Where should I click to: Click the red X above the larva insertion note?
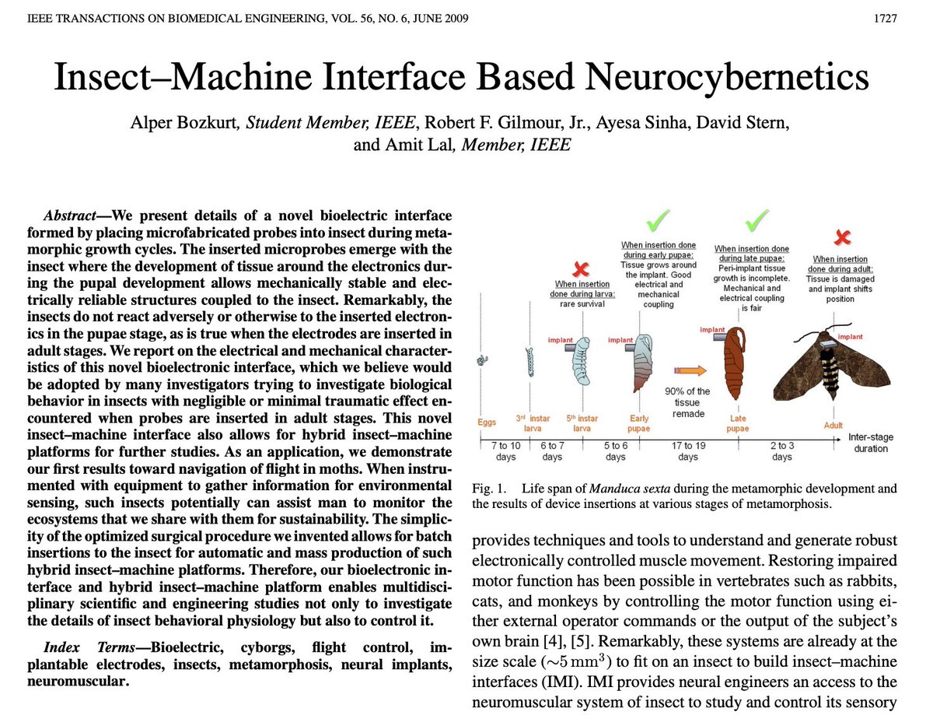click(x=579, y=269)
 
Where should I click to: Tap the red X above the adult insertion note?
click(x=841, y=237)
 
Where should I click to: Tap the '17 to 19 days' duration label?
click(x=688, y=451)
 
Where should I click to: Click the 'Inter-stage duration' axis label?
click(x=870, y=443)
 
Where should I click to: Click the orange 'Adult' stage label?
click(x=833, y=426)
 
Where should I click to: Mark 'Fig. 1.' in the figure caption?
click(x=491, y=489)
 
